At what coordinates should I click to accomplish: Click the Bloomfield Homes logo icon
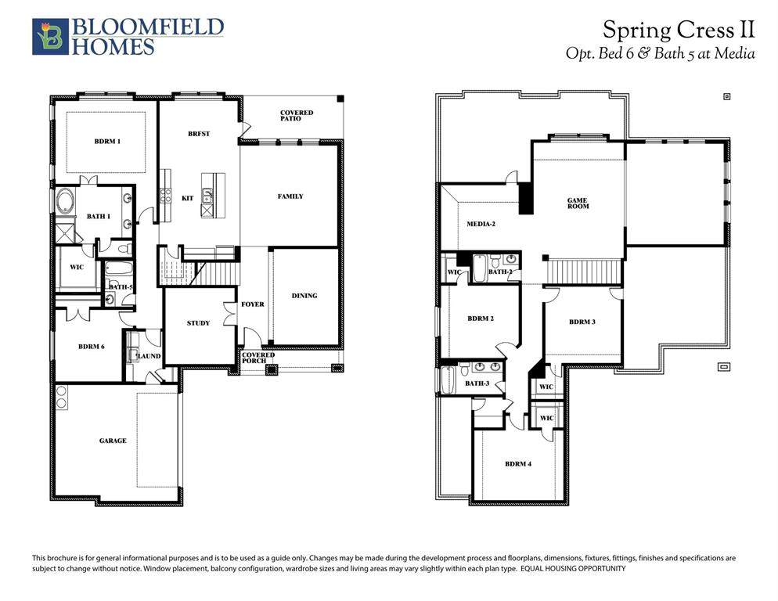click(x=50, y=37)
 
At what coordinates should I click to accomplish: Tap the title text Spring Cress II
click(x=679, y=30)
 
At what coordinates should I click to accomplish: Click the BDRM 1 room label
click(x=107, y=142)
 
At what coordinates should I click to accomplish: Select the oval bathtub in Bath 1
click(x=65, y=202)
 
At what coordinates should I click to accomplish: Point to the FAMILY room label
click(x=290, y=196)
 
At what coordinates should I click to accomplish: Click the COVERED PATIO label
click(x=296, y=116)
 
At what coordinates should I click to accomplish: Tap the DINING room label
click(x=304, y=296)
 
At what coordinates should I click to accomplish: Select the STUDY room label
click(x=198, y=323)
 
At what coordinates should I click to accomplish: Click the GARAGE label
click(x=113, y=441)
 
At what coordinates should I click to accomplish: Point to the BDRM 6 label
click(x=92, y=347)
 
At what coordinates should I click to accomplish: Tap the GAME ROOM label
click(x=578, y=203)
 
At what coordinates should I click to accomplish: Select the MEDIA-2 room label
click(x=481, y=225)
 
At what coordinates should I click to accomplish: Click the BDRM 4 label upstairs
click(x=518, y=464)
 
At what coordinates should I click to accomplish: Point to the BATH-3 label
click(x=477, y=383)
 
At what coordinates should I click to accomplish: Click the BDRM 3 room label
click(x=582, y=322)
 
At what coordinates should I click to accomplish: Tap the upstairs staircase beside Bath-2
click(x=584, y=272)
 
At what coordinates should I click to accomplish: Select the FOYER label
click(x=253, y=304)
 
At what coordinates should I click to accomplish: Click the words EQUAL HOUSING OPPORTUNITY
click(x=573, y=569)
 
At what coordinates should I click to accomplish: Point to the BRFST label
click(x=199, y=134)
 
